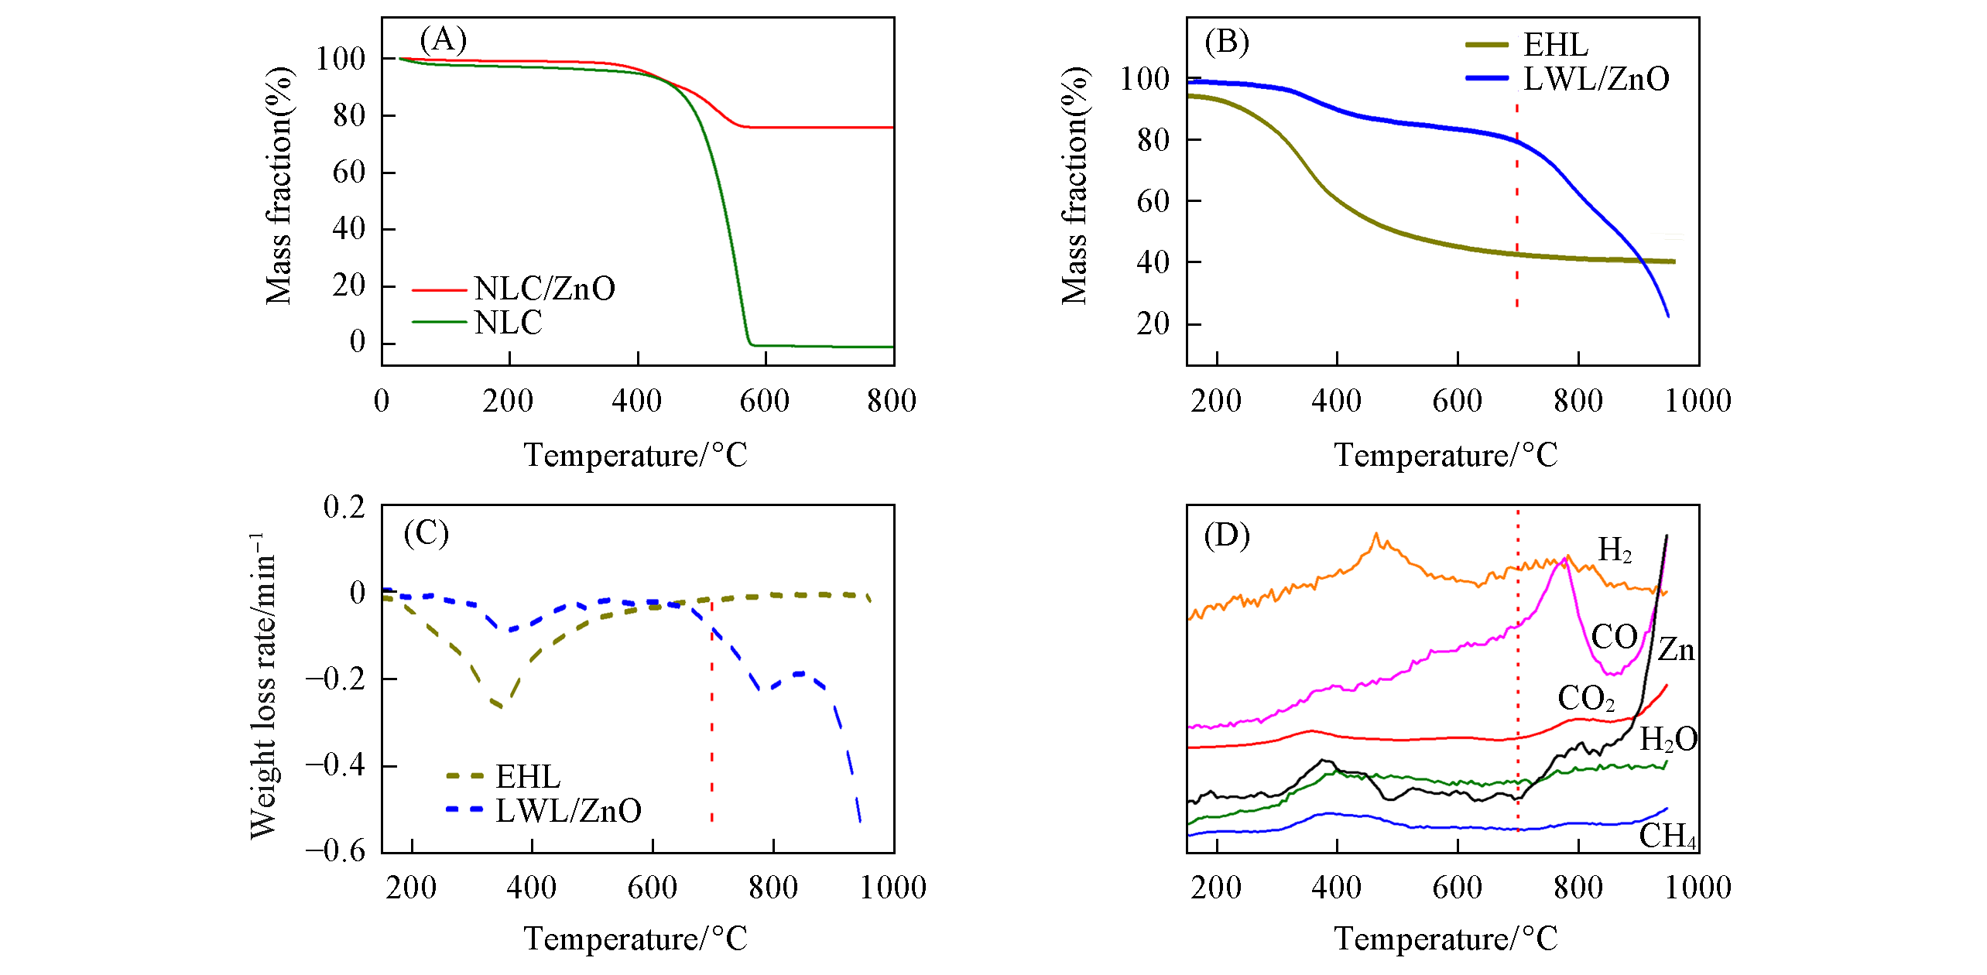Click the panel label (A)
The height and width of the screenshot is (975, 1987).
pos(443,39)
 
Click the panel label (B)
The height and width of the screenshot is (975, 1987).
pos(1227,42)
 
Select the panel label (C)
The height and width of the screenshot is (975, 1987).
pos(427,533)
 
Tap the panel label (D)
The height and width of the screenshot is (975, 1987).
pos(1227,535)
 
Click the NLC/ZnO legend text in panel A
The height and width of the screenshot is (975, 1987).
pos(544,289)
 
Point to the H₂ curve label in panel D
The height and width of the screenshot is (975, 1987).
pos(1615,550)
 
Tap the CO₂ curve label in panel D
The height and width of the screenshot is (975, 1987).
pos(1586,699)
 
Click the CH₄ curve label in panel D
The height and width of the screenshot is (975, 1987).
pos(1667,836)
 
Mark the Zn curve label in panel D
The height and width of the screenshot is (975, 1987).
pos(1676,649)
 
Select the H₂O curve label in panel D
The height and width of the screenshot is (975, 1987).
pos(1669,740)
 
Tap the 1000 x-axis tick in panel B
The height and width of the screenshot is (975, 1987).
pos(1698,401)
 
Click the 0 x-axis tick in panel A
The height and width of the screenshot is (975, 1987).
pos(382,401)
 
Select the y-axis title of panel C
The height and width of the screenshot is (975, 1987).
pos(263,686)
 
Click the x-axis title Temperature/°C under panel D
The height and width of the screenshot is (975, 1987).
pos(1445,939)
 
